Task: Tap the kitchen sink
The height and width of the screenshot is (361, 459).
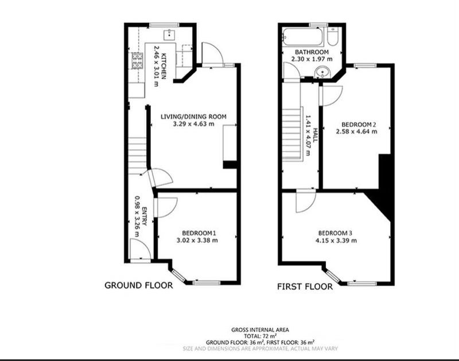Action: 169,34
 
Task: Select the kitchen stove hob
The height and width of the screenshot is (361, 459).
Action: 137,61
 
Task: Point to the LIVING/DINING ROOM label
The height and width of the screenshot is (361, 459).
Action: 193,117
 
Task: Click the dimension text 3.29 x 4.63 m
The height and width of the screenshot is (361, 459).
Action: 193,124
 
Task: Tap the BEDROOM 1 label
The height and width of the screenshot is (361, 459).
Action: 199,233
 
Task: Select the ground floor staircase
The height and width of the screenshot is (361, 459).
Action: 137,156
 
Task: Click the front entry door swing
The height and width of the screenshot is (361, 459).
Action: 140,249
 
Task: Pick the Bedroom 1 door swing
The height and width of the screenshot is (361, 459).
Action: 166,208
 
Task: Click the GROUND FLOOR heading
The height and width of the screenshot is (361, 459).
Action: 138,285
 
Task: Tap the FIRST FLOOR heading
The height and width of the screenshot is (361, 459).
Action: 305,286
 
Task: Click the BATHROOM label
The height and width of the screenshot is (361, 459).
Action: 312,52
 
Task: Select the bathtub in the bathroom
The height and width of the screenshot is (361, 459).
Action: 303,37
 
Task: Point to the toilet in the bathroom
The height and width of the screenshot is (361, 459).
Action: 333,36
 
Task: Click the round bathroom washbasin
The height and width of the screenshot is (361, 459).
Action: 322,72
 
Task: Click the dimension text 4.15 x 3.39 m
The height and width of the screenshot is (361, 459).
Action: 336,240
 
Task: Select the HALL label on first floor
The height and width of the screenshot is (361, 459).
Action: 315,135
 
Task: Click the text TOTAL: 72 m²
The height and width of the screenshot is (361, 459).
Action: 260,336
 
